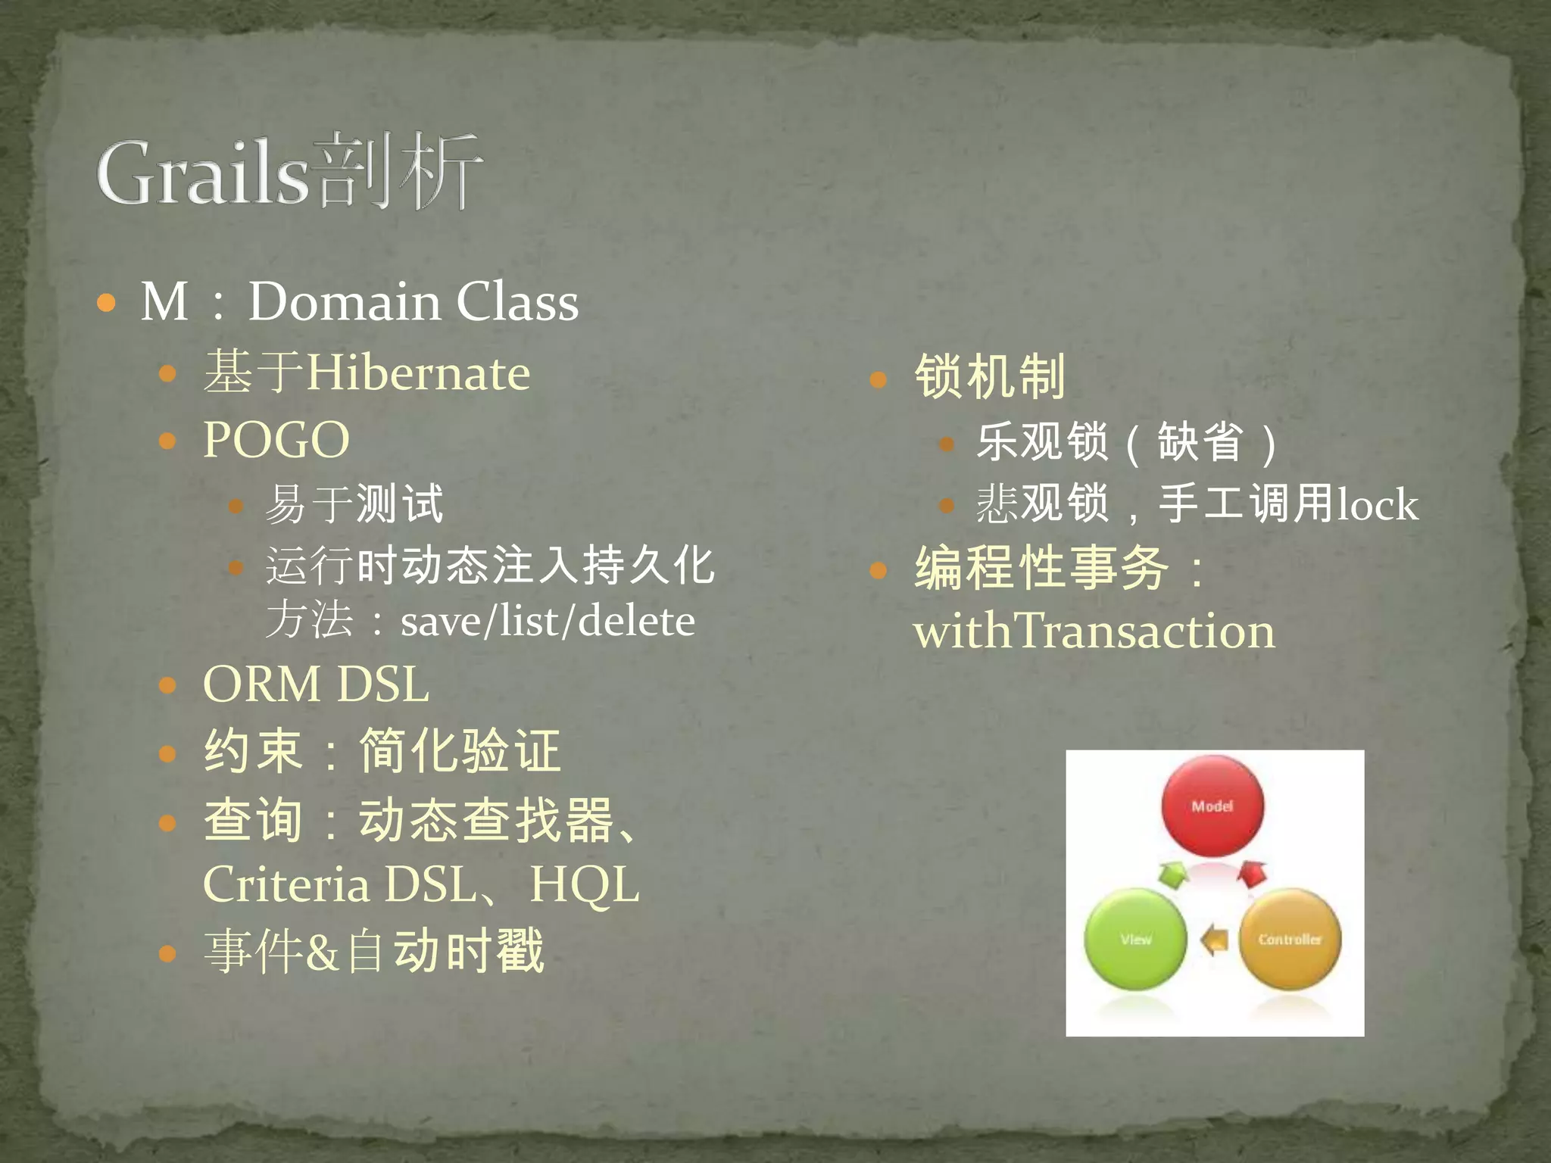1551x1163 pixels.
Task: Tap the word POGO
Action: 276,440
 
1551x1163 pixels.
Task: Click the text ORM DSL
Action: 316,684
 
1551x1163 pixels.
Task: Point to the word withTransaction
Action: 1094,631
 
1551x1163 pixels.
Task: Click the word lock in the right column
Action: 1377,505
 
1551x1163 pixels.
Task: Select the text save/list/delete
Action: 548,622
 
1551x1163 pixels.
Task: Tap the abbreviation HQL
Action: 584,884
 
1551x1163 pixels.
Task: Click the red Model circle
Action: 1212,807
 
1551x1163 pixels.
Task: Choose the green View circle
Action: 1135,940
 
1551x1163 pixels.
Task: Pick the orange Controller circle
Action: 1290,940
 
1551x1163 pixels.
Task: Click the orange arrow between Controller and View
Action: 1215,941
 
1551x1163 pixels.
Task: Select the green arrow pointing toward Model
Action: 1173,876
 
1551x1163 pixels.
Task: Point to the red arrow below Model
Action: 1253,875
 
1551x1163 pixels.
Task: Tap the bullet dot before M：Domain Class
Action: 107,304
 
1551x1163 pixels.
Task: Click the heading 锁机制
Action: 990,376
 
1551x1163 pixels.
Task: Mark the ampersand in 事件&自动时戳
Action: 323,952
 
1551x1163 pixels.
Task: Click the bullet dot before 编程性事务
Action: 878,570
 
